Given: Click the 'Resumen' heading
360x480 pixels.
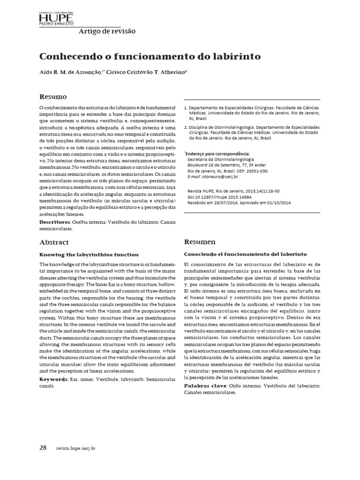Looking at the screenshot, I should [200, 242].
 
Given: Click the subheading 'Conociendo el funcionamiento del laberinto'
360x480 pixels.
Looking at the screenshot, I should [246, 255].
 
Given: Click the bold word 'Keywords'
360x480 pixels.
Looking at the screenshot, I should [52, 378].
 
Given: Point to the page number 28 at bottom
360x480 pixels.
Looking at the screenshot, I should [43, 448].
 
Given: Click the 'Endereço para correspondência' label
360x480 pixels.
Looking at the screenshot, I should [218, 153].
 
